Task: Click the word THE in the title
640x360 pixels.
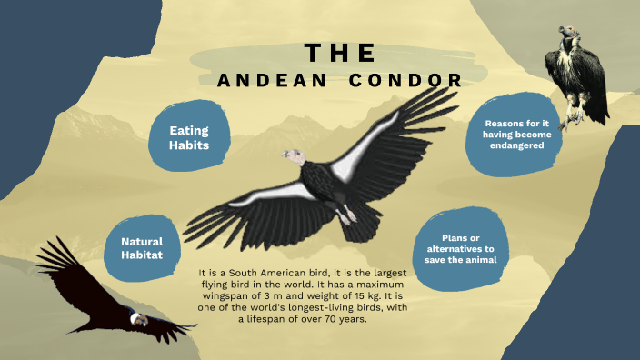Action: (x=339, y=52)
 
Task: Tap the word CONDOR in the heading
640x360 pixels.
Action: (x=406, y=81)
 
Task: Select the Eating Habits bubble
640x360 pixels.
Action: (x=189, y=137)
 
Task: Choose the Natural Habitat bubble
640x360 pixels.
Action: (x=142, y=248)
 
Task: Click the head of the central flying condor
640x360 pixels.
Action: (x=292, y=157)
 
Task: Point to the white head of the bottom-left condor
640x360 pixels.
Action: (x=138, y=319)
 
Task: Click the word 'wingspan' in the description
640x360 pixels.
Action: (x=235, y=295)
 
